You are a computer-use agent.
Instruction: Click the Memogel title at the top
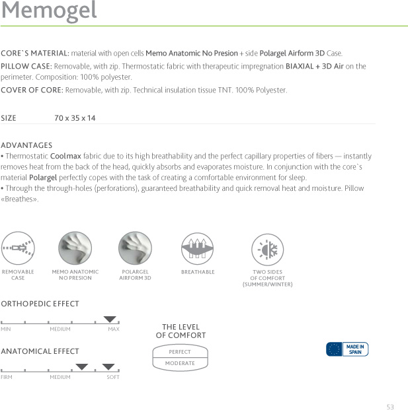pyautogui.click(x=49, y=11)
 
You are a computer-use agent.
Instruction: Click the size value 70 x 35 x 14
pyautogui.click(x=75, y=118)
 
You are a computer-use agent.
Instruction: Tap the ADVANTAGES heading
pyautogui.click(x=26, y=145)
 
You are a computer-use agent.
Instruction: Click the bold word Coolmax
pyautogui.click(x=65, y=156)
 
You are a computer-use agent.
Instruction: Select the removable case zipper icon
pyautogui.click(x=18, y=249)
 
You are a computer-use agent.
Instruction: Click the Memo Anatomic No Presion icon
pyautogui.click(x=75, y=249)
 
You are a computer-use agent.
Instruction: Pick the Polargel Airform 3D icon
pyautogui.click(x=135, y=249)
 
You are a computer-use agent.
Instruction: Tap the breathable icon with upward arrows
pyautogui.click(x=198, y=249)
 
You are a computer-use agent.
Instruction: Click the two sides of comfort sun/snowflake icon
pyautogui.click(x=267, y=250)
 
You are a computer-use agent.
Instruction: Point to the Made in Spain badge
pyautogui.click(x=347, y=349)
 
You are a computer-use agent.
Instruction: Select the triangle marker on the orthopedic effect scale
pyautogui.click(x=110, y=320)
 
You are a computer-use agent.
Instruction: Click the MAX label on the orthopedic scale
pyautogui.click(x=114, y=329)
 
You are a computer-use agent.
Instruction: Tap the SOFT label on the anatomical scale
pyautogui.click(x=113, y=377)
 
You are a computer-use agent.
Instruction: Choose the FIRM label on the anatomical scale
pyautogui.click(x=7, y=377)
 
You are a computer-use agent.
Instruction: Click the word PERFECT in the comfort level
pyautogui.click(x=180, y=352)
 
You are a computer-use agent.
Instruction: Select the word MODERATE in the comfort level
pyautogui.click(x=180, y=363)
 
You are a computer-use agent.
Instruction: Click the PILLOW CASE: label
pyautogui.click(x=26, y=67)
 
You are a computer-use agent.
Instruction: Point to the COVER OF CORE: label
pyautogui.click(x=32, y=90)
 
